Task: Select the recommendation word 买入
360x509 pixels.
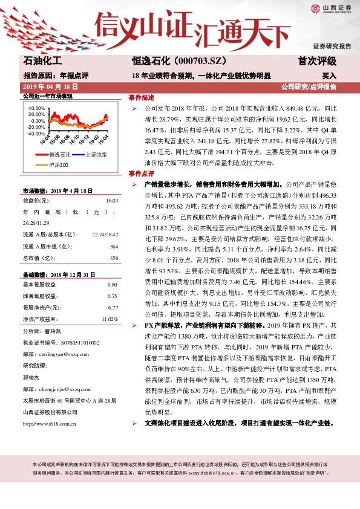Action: tap(328, 76)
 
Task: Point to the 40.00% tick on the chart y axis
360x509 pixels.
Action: tap(36, 108)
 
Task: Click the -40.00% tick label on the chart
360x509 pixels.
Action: tap(36, 134)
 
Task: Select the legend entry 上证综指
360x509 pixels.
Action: tap(95, 155)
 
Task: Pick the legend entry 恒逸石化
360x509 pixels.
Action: tap(60, 155)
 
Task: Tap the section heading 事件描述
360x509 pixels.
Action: tap(141, 98)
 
